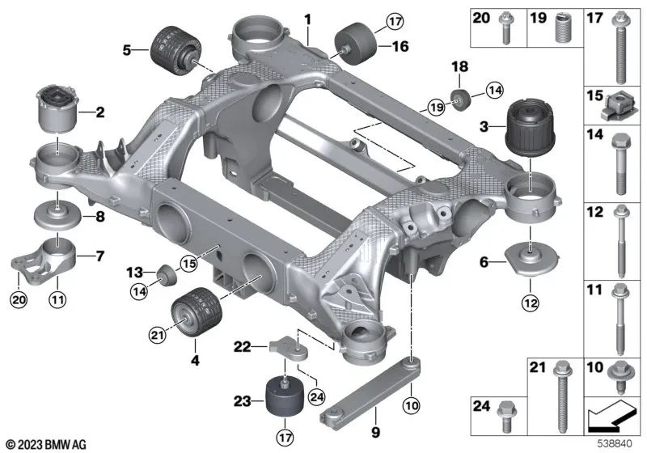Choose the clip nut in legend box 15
tap(613, 104)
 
